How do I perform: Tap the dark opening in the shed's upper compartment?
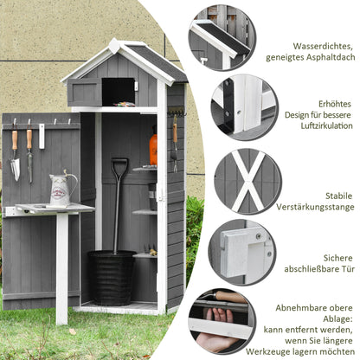118,91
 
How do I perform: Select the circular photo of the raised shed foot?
244,107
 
